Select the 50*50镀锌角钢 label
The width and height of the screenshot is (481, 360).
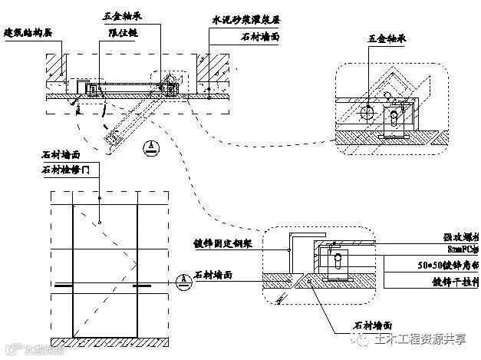point(453,266)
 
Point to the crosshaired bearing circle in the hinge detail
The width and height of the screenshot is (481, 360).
point(366,113)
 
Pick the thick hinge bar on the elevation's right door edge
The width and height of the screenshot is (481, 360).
point(141,286)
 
